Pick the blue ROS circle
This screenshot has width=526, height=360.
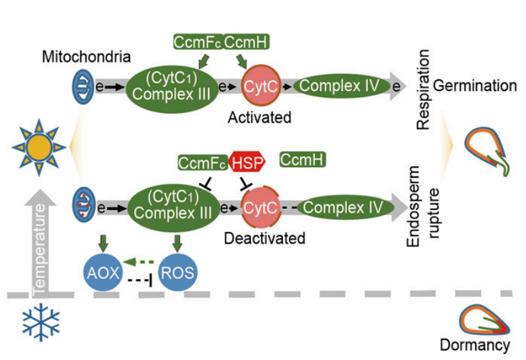click(177, 271)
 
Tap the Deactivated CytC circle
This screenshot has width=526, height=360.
click(258, 208)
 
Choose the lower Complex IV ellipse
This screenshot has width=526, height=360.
click(344, 208)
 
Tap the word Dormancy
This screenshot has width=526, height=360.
click(475, 344)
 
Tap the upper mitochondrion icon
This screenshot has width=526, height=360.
click(83, 86)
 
